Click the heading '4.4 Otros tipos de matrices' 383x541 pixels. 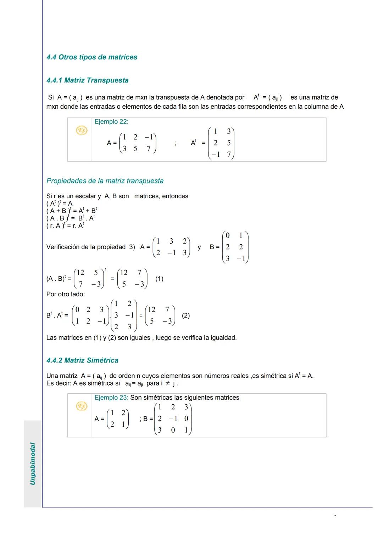click(91, 57)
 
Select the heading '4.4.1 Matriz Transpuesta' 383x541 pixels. click(87, 80)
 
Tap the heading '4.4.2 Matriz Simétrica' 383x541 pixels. click(82, 360)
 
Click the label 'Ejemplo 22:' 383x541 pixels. click(111, 122)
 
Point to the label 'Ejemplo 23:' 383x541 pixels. click(111, 398)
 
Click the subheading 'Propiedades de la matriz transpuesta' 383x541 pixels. click(105, 181)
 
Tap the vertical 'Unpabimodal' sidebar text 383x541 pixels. click(33, 463)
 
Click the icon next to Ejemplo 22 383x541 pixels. click(82, 131)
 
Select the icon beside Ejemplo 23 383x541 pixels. click(82, 406)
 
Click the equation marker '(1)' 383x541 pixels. click(159, 279)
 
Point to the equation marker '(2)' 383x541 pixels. click(185, 315)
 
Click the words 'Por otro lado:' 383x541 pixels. click(66, 294)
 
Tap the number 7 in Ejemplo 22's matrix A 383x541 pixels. click(149, 149)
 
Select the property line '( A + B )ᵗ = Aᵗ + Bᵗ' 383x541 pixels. click(72, 211)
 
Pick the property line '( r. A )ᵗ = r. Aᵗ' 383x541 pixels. click(65, 226)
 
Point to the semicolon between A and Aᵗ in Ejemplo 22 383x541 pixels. click(176, 143)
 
